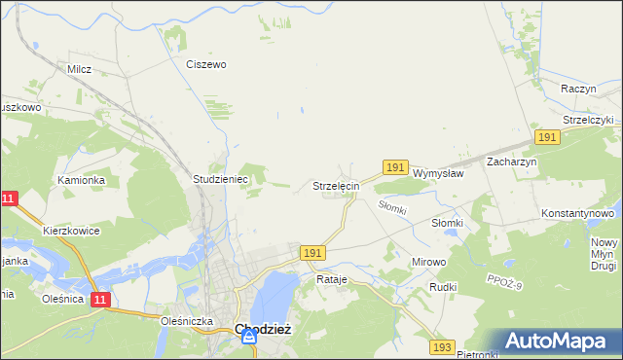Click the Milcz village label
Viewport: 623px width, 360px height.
click(79, 69)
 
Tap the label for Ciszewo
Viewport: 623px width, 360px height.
click(206, 64)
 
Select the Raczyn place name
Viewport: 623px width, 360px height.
click(578, 88)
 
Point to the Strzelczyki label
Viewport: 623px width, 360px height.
click(580, 120)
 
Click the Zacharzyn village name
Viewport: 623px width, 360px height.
click(512, 162)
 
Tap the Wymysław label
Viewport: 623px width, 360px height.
click(437, 172)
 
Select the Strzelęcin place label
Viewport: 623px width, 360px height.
click(337, 185)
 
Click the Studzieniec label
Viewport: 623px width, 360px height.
click(221, 180)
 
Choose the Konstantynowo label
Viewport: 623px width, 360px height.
click(578, 212)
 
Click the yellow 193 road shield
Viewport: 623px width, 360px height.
click(442, 347)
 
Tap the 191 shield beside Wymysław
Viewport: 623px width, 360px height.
click(394, 168)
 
